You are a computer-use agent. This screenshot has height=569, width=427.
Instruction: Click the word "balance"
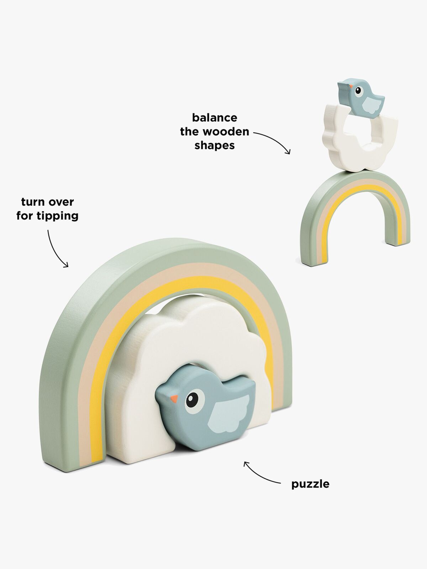click(x=215, y=117)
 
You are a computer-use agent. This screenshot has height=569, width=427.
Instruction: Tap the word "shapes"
click(x=215, y=145)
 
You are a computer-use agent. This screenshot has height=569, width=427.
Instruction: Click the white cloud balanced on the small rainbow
click(x=359, y=156)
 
